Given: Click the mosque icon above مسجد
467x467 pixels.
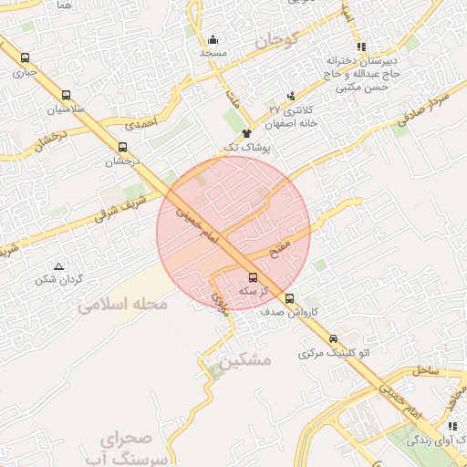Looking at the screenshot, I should pyautogui.click(x=213, y=39).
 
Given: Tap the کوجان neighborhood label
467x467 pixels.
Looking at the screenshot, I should pyautogui.click(x=270, y=40).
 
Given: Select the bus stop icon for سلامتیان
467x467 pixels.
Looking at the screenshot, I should pyautogui.click(x=67, y=94).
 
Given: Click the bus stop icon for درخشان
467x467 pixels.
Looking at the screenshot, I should pyautogui.click(x=122, y=146).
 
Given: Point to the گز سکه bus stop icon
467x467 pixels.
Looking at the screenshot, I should pyautogui.click(x=253, y=277).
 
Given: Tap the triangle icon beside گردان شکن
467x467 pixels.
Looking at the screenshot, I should pyautogui.click(x=58, y=266).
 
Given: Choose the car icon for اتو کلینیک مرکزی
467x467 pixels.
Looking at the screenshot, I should pyautogui.click(x=332, y=337).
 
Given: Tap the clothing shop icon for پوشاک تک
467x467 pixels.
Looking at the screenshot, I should pyautogui.click(x=246, y=133).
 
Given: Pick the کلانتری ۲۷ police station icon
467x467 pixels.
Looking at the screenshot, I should pyautogui.click(x=291, y=96).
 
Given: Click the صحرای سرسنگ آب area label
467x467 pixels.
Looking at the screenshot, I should pyautogui.click(x=138, y=447).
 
